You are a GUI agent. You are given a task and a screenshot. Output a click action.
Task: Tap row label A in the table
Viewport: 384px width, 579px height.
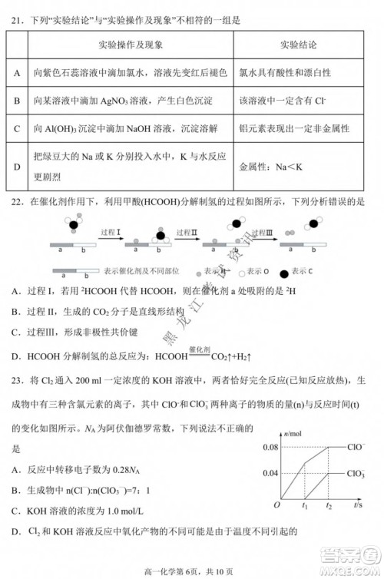tap(17, 72)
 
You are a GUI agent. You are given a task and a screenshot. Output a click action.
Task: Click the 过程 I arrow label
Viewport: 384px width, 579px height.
tap(111, 231)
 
